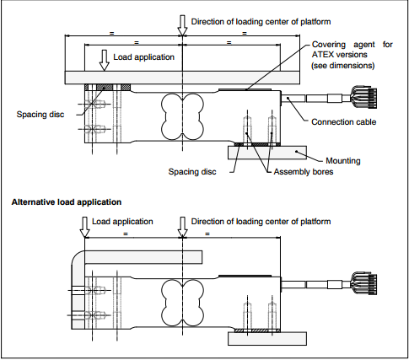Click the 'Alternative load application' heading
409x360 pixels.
[x=67, y=202]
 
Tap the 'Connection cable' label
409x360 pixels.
[x=343, y=122]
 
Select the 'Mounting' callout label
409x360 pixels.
[x=343, y=161]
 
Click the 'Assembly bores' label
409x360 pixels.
[x=304, y=172]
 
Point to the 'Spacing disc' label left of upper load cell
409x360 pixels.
[x=40, y=115]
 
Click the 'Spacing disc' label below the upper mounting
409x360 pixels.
[x=192, y=172]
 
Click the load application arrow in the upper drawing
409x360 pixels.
[x=105, y=61]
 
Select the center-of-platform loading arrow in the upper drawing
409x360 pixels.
[x=182, y=25]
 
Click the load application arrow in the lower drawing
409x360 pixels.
[x=84, y=227]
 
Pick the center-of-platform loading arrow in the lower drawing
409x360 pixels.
[x=182, y=227]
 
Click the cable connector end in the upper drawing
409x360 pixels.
[x=364, y=97]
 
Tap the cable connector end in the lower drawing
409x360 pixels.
[x=364, y=283]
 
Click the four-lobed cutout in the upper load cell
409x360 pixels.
[x=182, y=116]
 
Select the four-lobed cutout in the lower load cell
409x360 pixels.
[x=182, y=303]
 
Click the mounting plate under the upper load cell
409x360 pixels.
[x=267, y=153]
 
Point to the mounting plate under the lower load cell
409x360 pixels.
[x=267, y=339]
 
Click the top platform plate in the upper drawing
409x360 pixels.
[x=182, y=78]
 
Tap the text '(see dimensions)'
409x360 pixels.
[x=343, y=66]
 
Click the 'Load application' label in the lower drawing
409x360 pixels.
[x=122, y=222]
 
